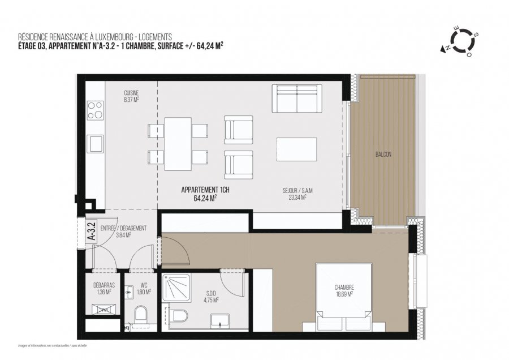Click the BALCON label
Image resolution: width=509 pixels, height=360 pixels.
[383, 154]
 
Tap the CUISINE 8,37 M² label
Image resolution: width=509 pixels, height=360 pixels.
[131, 96]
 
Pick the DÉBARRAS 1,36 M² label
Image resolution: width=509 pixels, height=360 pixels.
[102, 289]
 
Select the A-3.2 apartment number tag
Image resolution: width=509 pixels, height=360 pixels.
[90, 232]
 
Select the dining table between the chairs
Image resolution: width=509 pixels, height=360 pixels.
[178, 144]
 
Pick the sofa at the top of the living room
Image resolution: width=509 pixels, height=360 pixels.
[297, 98]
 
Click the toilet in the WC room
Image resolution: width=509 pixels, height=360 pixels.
[140, 315]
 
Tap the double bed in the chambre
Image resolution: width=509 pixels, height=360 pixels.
[343, 297]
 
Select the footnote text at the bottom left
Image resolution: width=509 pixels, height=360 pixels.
[53, 345]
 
